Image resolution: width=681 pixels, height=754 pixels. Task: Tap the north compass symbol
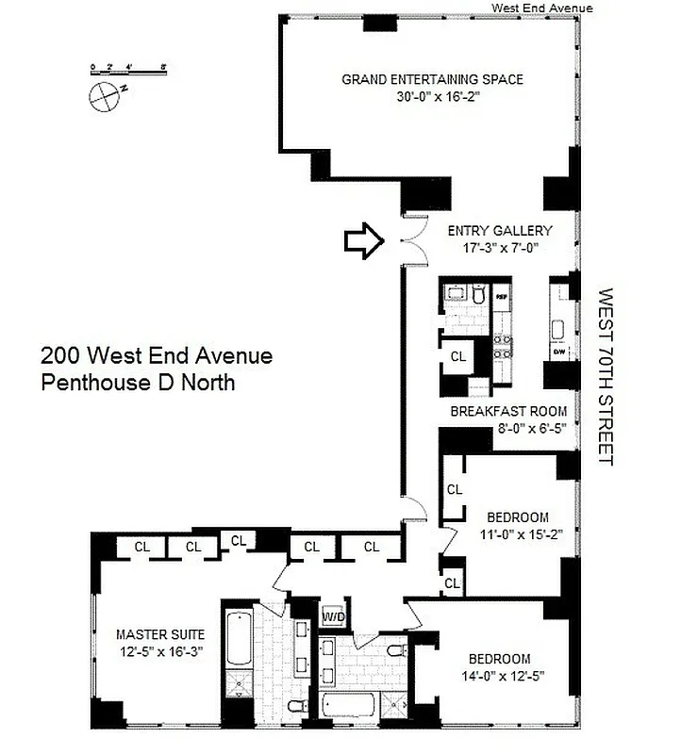(x=101, y=93)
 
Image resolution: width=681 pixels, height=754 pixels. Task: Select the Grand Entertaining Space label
(x=432, y=79)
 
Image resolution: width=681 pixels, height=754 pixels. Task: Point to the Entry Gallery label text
(x=500, y=231)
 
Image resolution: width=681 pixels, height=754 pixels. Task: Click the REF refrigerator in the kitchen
(x=502, y=294)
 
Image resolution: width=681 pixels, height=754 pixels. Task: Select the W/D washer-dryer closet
(x=334, y=617)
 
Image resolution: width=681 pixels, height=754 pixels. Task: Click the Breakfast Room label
(x=508, y=411)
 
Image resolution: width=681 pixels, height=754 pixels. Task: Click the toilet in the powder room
(x=478, y=297)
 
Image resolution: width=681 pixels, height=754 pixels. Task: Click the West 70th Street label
(x=606, y=377)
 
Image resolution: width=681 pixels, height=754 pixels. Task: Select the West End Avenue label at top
(x=541, y=8)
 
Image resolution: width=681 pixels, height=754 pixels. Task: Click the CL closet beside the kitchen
(x=457, y=356)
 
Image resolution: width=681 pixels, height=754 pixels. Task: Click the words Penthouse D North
(x=138, y=383)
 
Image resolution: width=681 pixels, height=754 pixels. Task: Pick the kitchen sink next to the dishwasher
(x=558, y=329)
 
